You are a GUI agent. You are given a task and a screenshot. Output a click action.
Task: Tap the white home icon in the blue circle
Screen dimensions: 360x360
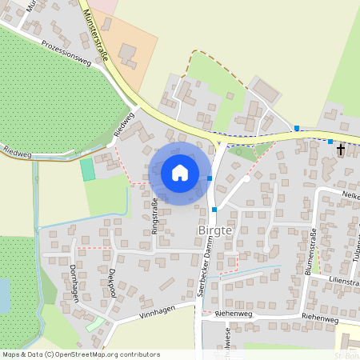point(180,172)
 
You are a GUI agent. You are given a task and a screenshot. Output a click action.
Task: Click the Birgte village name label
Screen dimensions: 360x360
point(214,231)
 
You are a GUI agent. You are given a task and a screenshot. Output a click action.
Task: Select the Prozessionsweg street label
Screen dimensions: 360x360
point(66,53)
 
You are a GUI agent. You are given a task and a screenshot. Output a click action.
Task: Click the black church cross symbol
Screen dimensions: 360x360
point(340,150)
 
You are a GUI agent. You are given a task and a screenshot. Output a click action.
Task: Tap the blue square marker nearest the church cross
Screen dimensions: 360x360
point(330,142)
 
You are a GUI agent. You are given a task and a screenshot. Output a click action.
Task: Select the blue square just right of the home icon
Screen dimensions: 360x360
point(210,178)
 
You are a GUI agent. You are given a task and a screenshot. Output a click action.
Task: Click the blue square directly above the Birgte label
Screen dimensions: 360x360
point(214,210)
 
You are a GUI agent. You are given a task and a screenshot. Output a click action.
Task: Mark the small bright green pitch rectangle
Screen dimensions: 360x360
point(87,170)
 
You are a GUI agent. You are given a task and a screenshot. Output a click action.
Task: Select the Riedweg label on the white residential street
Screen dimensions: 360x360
point(123,124)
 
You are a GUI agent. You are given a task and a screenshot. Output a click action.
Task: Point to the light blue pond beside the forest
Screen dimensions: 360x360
point(4,294)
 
